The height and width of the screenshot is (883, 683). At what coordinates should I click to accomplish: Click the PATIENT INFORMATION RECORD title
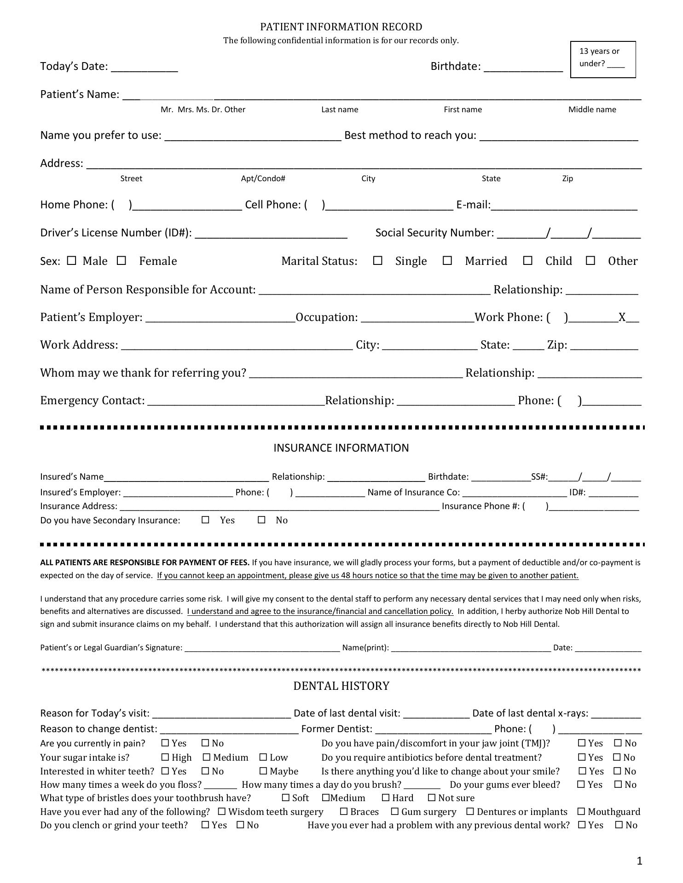341,27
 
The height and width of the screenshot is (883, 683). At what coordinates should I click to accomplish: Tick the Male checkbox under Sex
71,261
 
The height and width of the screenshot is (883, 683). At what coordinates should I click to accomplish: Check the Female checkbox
122,261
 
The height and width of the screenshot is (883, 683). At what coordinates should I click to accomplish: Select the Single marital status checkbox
378,261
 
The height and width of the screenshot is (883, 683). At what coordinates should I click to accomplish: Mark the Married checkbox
447,261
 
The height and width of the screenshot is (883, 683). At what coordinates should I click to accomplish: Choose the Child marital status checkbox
528,261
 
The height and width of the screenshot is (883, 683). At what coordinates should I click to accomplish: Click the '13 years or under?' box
603,59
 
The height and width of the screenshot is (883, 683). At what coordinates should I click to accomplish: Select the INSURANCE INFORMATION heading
341,448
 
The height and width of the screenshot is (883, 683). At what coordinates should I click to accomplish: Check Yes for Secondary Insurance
206,520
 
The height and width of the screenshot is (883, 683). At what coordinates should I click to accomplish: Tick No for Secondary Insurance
262,520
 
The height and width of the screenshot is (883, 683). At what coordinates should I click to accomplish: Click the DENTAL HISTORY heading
341,686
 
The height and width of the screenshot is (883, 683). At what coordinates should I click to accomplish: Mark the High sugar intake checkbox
166,757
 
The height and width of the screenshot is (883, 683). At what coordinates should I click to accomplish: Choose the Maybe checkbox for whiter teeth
263,771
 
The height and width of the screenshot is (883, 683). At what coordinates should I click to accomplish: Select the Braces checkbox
344,812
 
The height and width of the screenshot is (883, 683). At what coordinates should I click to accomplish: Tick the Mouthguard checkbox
581,812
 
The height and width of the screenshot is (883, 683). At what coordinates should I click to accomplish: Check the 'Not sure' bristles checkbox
432,798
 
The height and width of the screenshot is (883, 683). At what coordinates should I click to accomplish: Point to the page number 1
639,861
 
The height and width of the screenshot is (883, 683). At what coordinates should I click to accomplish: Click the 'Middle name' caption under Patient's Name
592,109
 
